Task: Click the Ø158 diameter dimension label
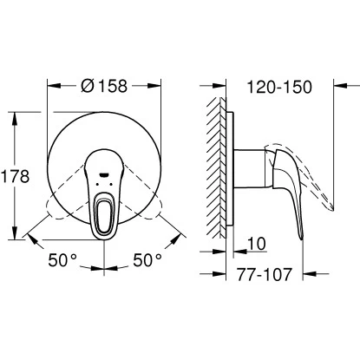(104, 87)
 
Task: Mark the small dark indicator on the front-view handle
(105, 173)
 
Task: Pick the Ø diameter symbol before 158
(86, 87)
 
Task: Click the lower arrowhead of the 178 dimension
(16, 235)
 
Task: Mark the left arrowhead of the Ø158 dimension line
(50, 87)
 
